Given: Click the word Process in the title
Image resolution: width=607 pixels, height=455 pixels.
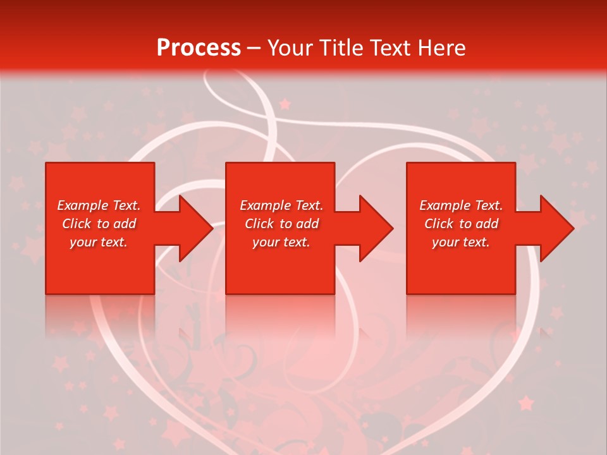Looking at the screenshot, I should coord(199,48).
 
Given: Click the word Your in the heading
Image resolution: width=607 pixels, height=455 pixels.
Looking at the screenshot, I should coord(290,48).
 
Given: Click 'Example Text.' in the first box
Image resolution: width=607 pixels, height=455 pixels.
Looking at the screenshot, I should coord(99,205).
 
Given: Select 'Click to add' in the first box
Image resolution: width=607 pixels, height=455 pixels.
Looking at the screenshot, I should coord(99,224).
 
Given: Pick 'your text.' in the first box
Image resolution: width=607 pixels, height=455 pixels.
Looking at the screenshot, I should coord(99,242).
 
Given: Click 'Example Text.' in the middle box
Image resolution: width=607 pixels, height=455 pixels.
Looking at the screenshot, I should coord(281,205).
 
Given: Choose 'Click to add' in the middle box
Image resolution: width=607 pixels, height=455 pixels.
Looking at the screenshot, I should coord(281,224).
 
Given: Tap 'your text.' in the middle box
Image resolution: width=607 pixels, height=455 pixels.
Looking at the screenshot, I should coord(281,242).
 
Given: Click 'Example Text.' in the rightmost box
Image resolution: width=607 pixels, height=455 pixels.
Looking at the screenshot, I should coord(461,205).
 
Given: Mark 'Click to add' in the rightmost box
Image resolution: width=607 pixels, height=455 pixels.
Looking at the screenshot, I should coord(461,224).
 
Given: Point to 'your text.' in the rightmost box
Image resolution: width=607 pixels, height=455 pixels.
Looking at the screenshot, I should coord(461,242).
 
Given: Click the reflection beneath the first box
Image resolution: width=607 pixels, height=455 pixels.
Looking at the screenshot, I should coord(100,313).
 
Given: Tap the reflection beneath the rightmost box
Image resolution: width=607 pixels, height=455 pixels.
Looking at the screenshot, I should coord(461,313).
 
